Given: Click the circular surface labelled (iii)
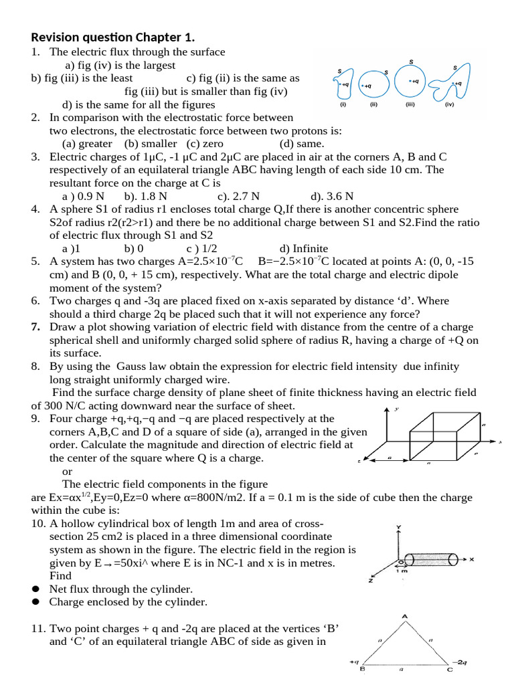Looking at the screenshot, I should (x=411, y=82).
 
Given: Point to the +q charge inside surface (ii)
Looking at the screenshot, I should (x=365, y=86).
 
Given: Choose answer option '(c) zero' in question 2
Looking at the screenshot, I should (x=205, y=143).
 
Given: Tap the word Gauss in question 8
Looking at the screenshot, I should (x=130, y=366).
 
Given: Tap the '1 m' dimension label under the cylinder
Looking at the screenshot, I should (x=402, y=570).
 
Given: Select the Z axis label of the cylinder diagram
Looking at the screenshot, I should (x=370, y=580).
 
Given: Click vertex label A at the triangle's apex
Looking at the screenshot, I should (x=405, y=615).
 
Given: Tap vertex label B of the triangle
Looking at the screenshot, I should (x=362, y=668).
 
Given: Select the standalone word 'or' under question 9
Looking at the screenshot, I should (x=67, y=471).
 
